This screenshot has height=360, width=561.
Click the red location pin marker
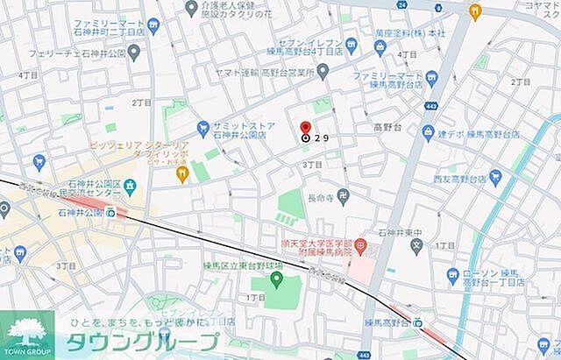305,127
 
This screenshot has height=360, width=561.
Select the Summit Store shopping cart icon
202,128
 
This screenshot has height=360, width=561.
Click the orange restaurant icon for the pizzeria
182,174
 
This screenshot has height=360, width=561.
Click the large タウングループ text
145,342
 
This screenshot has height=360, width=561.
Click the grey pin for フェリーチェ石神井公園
133,53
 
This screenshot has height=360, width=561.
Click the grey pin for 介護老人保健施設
192,8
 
